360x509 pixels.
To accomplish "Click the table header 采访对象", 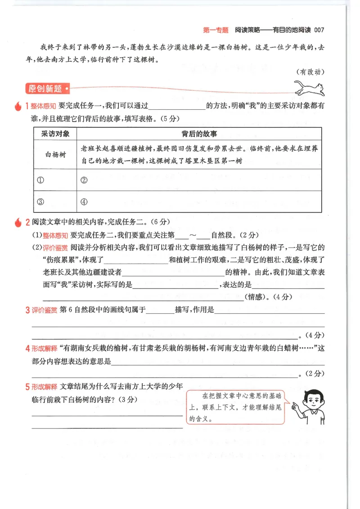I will pyautogui.click(x=55, y=134).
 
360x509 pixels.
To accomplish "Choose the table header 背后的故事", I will pyautogui.click(x=199, y=134).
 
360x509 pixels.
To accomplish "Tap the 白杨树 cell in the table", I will pyautogui.click(x=55, y=154).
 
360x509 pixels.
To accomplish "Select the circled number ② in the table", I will pyautogui.click(x=84, y=180).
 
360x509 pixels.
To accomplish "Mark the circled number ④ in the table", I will pyautogui.click(x=84, y=201).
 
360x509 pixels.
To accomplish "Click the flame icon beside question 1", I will pyautogui.click(x=18, y=107).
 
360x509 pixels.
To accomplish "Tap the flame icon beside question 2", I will pyautogui.click(x=18, y=222).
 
